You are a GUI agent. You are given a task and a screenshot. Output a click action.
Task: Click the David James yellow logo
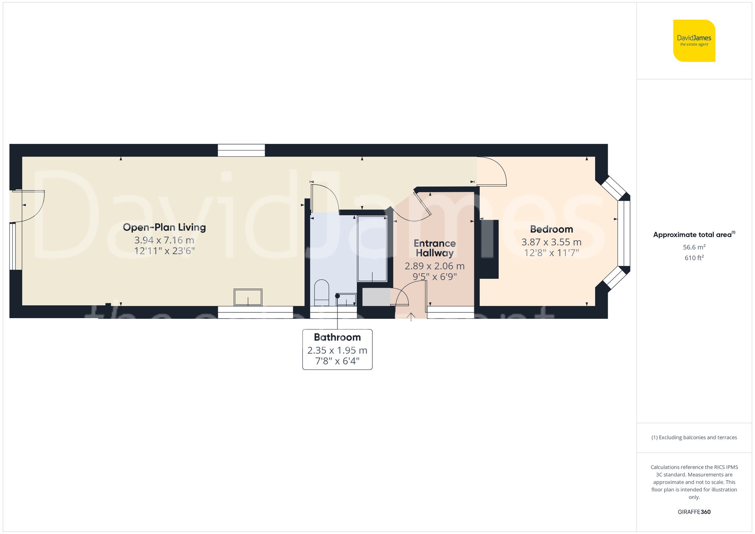coord(694,41)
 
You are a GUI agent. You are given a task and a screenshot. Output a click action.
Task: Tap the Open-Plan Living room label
coord(164,227)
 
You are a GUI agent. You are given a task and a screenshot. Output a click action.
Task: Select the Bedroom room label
coord(551,229)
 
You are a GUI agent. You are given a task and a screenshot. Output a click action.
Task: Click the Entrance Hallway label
coord(435,248)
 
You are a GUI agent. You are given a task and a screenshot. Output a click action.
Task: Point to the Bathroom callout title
coord(337,337)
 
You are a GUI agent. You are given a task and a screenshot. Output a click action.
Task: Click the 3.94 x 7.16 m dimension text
coord(164,240)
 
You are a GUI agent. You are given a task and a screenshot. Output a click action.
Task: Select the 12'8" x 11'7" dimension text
coord(551,252)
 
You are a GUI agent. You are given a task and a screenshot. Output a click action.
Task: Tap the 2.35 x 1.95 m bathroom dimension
coord(337,350)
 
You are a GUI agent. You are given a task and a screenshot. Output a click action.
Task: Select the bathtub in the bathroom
coord(372,248)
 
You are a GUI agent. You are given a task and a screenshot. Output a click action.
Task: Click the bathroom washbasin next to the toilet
coord(346,300)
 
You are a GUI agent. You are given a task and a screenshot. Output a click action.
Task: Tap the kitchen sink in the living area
coord(248,297)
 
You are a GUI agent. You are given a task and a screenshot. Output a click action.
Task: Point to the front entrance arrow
coord(411,317)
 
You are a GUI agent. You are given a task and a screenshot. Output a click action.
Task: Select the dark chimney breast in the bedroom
coord(489,249)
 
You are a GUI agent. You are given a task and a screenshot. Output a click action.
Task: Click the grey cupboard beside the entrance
coord(376,297)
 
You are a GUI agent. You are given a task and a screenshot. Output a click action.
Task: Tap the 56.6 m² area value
coord(694,247)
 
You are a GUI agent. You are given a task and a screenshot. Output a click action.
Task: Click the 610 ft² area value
coord(694,258)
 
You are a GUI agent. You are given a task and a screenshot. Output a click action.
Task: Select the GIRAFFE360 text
coord(694,512)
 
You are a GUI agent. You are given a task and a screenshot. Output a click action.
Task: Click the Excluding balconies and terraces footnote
coord(694,437)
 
